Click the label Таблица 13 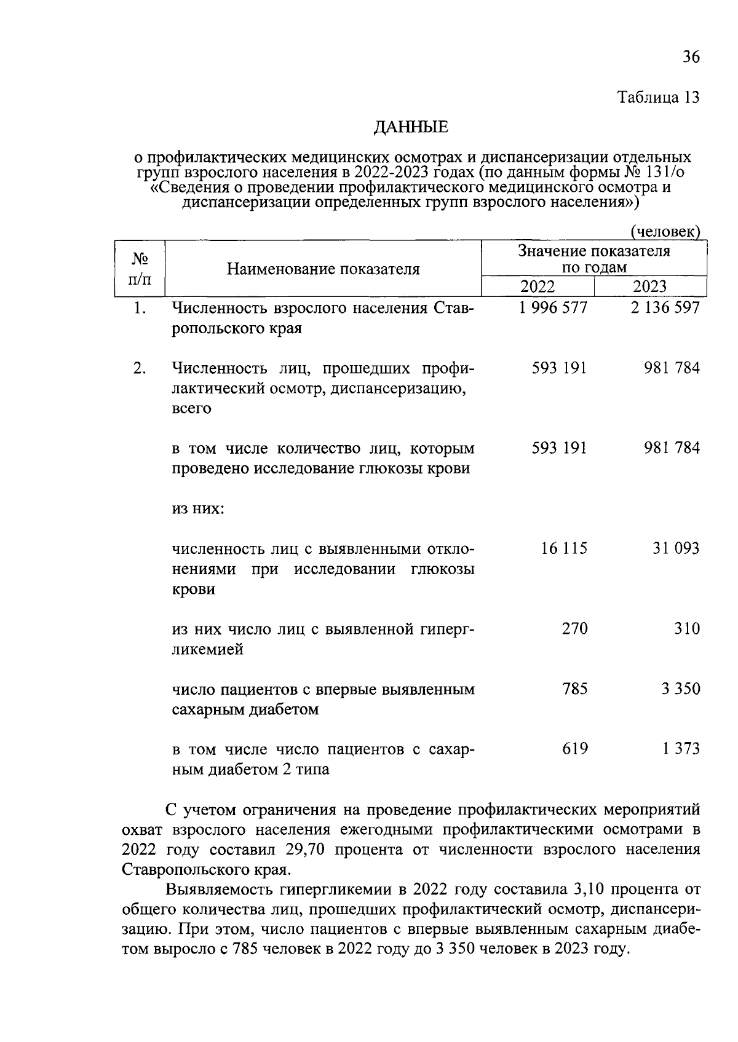click(659, 97)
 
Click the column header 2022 click(538, 286)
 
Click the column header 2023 click(649, 286)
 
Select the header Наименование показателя click(323, 269)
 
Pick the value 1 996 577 click(553, 307)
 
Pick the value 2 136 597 click(665, 307)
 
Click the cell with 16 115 click(564, 548)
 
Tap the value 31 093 click(676, 548)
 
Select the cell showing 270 click(574, 628)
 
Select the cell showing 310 click(686, 628)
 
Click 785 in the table click(574, 689)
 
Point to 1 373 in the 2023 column click(681, 749)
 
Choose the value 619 click(574, 749)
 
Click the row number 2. click(140, 368)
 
